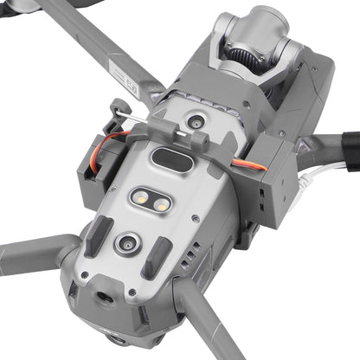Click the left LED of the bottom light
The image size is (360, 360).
[141, 197]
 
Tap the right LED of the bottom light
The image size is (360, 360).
[161, 202]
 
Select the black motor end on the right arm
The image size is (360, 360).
[350, 147]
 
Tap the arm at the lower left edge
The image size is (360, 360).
[35, 255]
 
